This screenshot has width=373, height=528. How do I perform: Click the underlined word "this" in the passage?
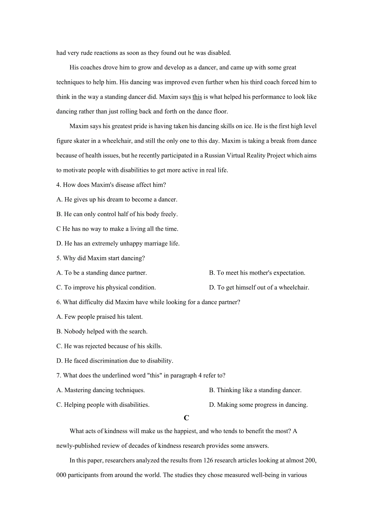[x=197, y=97]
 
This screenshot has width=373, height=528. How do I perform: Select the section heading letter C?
[x=186, y=418]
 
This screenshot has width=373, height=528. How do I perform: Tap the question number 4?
[x=58, y=185]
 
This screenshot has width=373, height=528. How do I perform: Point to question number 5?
[x=58, y=258]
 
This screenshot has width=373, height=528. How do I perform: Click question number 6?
[x=58, y=302]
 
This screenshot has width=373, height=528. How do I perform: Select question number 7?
[x=58, y=376]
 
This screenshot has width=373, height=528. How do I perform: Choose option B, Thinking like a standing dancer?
[x=255, y=390]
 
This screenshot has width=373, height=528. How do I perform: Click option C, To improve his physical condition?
[x=106, y=288]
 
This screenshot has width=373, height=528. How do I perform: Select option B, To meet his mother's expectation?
[x=257, y=273]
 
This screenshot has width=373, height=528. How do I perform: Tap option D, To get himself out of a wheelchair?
[x=259, y=288]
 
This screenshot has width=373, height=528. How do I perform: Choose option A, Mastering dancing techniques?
[x=101, y=390]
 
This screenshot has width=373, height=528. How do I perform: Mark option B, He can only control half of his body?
[x=117, y=214]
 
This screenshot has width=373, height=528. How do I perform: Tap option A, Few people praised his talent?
[x=99, y=317]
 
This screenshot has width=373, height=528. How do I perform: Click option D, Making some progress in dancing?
[x=258, y=405]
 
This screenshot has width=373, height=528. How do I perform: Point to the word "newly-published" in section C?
[x=77, y=446]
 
